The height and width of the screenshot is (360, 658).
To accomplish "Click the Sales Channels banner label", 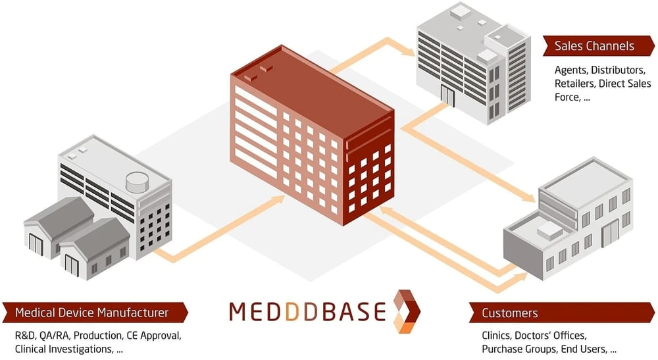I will coord(594,45).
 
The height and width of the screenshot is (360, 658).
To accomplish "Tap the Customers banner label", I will coord(510,313).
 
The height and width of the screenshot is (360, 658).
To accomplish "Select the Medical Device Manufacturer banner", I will coord(92,312).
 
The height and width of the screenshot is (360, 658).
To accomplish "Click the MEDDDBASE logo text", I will coord(307,311).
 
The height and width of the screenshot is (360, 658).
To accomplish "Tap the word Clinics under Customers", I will coord(495,335).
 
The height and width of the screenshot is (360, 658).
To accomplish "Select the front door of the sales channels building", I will coord(448,96).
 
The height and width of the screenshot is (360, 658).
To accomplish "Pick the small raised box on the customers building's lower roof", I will coord(547,229).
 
